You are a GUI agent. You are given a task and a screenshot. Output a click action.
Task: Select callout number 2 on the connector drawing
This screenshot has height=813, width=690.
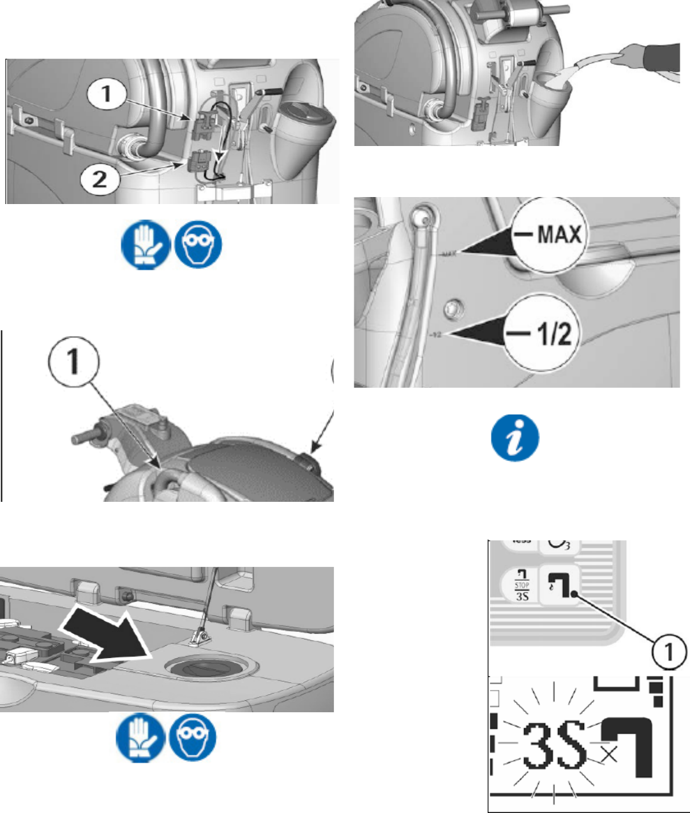(x=99, y=180)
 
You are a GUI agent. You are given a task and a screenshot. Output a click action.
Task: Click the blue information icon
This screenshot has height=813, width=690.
(x=514, y=438)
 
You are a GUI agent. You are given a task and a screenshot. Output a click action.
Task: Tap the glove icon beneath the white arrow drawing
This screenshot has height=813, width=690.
(x=139, y=738)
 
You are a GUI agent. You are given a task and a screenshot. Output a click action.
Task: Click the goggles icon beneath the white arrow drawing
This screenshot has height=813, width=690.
(x=191, y=738)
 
